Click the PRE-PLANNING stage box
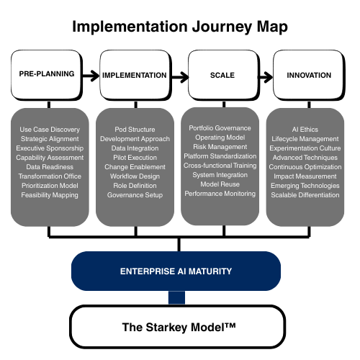tap(47, 75)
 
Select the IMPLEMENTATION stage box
tap(135, 75)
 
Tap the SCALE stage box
tap(224, 75)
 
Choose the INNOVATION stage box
tap(309, 75)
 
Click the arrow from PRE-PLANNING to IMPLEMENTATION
tap(91, 76)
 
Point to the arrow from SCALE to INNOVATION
tap(266, 77)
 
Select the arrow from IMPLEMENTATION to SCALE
tap(180, 77)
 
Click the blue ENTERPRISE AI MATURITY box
tap(176, 271)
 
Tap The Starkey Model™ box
tap(178, 327)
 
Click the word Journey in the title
tap(222, 27)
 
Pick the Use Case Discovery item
tap(50, 130)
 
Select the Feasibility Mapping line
tap(50, 195)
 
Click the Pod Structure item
tap(135, 130)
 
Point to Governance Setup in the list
tap(135, 195)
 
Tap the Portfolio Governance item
tap(220, 128)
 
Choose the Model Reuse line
tap(220, 184)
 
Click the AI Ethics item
tap(305, 130)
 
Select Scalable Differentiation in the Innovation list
tap(305, 195)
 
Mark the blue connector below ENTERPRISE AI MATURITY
tap(176, 297)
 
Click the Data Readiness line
tap(50, 167)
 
